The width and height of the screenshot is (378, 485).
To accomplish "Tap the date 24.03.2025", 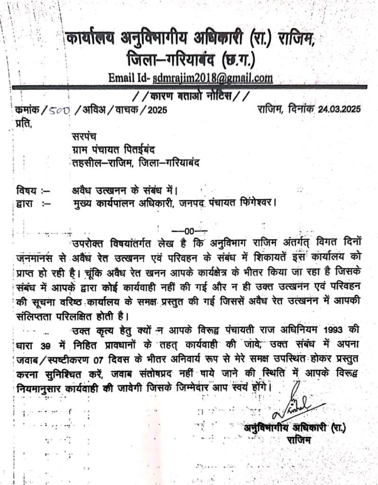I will pyautogui.click(x=339, y=109).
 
